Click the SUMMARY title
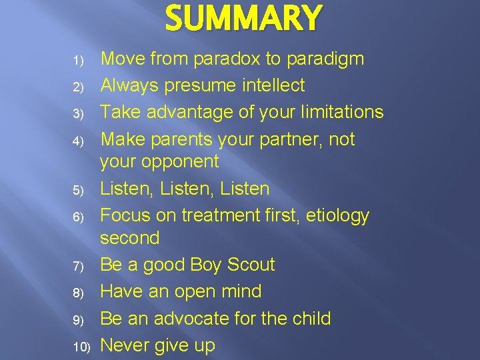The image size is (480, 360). pyautogui.click(x=243, y=19)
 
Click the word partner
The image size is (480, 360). pyautogui.click(x=283, y=139)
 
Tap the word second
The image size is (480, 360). pyautogui.click(x=130, y=238)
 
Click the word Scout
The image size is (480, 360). pyautogui.click(x=249, y=265)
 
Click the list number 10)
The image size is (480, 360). pyautogui.click(x=81, y=347)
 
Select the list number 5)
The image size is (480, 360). pyautogui.click(x=78, y=191)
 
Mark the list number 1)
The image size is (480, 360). pyautogui.click(x=78, y=61)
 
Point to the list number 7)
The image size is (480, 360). pyautogui.click(x=78, y=267)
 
